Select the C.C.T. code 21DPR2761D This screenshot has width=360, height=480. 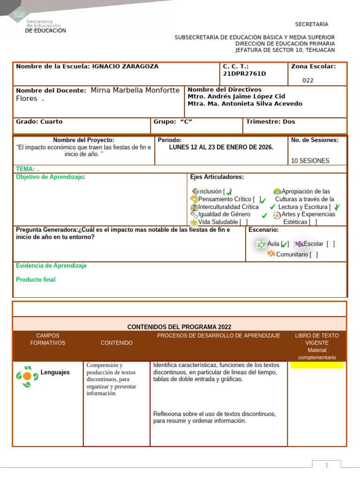pyautogui.click(x=244, y=74)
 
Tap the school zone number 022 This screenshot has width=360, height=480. pyautogui.click(x=308, y=80)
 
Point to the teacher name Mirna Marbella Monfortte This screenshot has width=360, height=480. pyautogui.click(x=135, y=90)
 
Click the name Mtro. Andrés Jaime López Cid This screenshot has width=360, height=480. pyautogui.click(x=236, y=97)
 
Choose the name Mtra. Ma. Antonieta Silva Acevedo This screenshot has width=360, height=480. pyautogui.click(x=245, y=104)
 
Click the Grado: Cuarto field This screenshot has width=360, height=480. pyautogui.click(x=39, y=122)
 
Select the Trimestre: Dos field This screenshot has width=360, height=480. pyautogui.click(x=270, y=122)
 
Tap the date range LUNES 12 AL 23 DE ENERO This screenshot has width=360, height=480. pyautogui.click(x=221, y=147)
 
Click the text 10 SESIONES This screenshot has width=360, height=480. pyautogui.click(x=310, y=161)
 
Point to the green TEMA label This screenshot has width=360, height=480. pyautogui.click(x=25, y=169)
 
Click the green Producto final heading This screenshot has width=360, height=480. pyautogui.click(x=36, y=280)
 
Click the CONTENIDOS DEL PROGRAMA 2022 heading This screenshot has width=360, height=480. pyautogui.click(x=179, y=327)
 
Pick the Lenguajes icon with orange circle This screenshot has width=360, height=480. pyautogui.click(x=27, y=376)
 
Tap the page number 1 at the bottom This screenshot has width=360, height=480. pyautogui.click(x=327, y=465)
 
